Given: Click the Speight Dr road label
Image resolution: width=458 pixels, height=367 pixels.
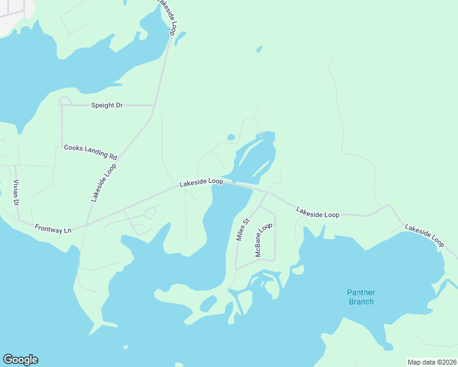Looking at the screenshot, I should [107, 105].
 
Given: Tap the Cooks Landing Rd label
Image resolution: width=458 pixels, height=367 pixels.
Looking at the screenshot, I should [90, 152].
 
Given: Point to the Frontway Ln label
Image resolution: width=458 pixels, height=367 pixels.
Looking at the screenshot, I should [53, 229].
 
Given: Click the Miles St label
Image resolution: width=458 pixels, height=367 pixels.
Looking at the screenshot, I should [242, 229].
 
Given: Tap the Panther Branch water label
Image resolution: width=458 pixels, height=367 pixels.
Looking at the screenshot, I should [361, 297].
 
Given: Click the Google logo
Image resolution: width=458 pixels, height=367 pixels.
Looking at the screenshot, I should [20, 360].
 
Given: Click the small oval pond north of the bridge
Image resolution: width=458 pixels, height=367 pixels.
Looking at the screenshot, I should [231, 137].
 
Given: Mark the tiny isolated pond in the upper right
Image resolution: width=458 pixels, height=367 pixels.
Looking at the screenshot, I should [259, 49].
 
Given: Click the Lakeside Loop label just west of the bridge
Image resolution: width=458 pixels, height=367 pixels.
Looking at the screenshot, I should [201, 182].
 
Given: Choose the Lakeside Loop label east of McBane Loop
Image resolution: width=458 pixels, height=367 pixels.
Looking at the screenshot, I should [318, 213].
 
